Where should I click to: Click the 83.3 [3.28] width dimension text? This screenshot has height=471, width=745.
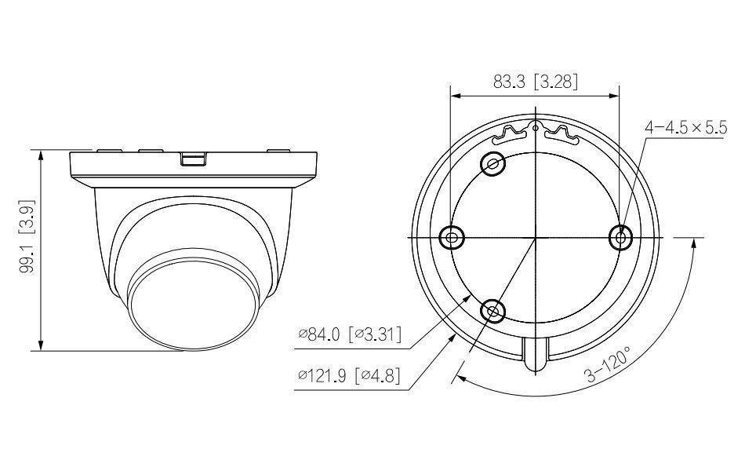[536, 81]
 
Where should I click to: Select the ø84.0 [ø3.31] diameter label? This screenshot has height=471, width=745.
[349, 335]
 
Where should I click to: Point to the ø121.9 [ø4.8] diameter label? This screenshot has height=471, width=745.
[349, 375]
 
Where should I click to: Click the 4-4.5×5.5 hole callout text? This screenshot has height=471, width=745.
[685, 128]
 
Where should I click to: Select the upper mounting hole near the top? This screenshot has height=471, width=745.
[493, 164]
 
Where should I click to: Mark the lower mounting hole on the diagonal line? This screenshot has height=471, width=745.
[492, 311]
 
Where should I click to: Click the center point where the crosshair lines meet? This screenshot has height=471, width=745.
[535, 236]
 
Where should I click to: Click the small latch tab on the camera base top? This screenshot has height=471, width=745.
[193, 159]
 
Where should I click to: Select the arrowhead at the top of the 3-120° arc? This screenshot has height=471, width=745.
[694, 245]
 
